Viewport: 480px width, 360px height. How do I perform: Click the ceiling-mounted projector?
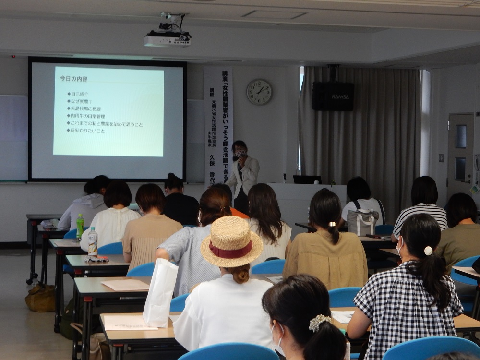(168, 36)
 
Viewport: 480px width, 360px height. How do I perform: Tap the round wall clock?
(259, 92)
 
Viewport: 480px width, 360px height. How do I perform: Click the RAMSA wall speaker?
(333, 96)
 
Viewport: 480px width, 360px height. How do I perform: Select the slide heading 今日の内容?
(73, 78)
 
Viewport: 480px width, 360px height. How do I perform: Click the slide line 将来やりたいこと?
(87, 131)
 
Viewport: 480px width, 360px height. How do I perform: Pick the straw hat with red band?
(231, 242)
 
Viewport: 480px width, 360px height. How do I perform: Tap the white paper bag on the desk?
(160, 293)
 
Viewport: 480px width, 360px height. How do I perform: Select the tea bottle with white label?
(93, 242)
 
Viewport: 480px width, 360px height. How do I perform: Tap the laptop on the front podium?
(307, 180)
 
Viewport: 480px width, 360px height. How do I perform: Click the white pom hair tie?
(429, 251)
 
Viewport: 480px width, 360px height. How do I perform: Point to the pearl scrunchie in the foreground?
(319, 323)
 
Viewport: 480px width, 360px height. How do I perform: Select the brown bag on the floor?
(41, 298)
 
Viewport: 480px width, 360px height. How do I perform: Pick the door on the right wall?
(460, 154)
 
